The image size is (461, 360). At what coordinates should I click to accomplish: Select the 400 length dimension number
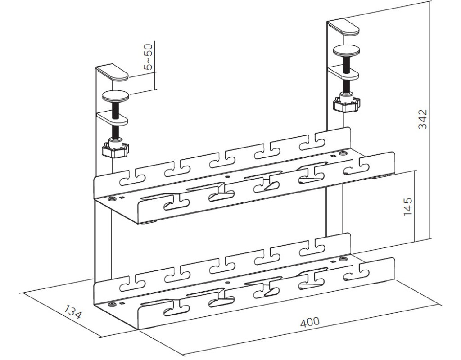[x=310, y=322]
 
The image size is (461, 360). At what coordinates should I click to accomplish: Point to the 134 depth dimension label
[x=72, y=312]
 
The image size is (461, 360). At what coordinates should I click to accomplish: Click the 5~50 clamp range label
[x=149, y=57]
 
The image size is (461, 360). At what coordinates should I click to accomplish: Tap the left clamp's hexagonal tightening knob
[x=116, y=149]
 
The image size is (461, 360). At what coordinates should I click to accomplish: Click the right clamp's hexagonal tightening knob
[x=346, y=104]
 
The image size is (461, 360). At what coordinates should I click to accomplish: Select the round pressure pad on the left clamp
[x=116, y=96]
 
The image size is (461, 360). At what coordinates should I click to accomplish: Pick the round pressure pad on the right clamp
[x=347, y=50]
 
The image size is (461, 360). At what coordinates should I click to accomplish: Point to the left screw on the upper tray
[x=112, y=199]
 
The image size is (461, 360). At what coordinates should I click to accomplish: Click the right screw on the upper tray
[x=342, y=153]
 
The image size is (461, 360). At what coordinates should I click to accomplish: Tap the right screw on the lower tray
[x=342, y=259]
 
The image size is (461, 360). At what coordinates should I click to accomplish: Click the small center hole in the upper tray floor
[x=227, y=177]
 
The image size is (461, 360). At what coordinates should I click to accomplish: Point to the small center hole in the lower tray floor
[x=227, y=282]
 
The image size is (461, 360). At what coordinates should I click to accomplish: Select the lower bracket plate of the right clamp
[x=344, y=72]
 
